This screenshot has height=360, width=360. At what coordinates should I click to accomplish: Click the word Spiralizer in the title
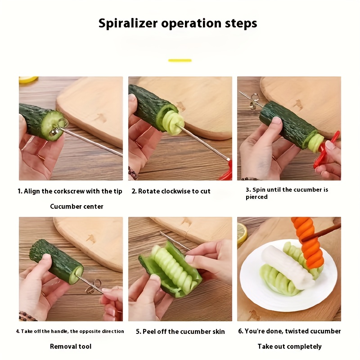click(128, 23)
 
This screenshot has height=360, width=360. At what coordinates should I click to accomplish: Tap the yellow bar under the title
click(180, 60)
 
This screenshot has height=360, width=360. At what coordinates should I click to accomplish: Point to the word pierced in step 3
click(256, 197)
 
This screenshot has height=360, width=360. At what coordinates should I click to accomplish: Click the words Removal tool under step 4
click(71, 346)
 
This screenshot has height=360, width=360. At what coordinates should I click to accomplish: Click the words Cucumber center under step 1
click(76, 207)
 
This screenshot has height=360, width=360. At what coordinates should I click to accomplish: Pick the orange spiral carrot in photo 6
click(308, 241)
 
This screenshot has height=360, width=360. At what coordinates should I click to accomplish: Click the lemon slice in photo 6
click(242, 234)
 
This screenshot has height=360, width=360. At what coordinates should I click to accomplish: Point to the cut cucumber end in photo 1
click(52, 125)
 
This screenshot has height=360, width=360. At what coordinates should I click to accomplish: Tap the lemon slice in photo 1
click(28, 80)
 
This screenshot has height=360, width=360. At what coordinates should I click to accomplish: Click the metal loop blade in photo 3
click(254, 101)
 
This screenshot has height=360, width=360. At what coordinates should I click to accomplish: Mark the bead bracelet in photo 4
click(27, 316)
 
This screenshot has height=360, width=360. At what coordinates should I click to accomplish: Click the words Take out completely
click(289, 346)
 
